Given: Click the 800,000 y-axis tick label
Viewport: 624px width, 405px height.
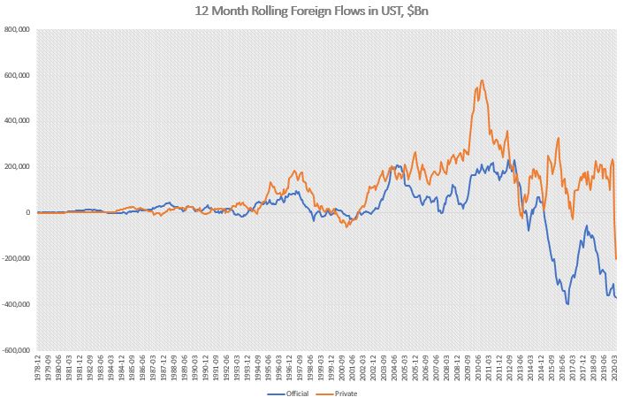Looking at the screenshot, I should [18, 29].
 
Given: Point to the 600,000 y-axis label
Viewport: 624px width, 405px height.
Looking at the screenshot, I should [18, 75].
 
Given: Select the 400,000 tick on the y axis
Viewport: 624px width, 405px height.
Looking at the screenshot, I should [18, 121].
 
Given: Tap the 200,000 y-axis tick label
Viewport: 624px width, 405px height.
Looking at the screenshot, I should [18, 167].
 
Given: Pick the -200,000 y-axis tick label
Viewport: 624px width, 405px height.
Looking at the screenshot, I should [17, 259].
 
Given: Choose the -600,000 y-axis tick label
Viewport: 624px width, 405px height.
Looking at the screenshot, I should [17, 350].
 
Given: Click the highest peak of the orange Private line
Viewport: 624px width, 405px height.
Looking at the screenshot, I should [482, 80].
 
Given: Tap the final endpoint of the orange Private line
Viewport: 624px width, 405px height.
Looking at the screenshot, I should [616, 258].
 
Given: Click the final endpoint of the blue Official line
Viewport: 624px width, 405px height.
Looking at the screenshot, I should [616, 297].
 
